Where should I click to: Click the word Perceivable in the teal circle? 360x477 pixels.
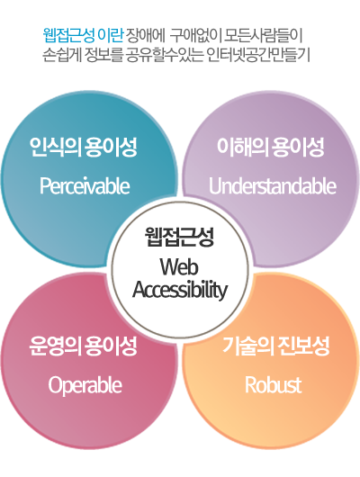coord(85,186)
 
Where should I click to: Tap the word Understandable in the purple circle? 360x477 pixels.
coord(273,186)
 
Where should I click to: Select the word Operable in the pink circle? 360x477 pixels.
coord(85,386)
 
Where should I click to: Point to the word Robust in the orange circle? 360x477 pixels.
coord(274,385)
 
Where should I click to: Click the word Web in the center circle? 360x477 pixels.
coord(179,267)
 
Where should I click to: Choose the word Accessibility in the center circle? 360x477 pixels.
coord(180,290)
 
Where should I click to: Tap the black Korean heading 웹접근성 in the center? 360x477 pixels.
coord(179,237)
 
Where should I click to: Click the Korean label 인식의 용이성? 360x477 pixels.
coord(84,147)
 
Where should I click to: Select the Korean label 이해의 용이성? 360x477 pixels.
coord(270,147)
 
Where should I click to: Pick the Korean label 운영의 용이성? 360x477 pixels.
coord(84,346)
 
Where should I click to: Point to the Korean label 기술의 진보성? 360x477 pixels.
coord(276,346)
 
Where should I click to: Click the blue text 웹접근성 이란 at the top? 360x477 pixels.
coord(83,36)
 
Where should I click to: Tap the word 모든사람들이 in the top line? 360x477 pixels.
coord(263,36)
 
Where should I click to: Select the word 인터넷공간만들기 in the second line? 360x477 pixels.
coord(258,56)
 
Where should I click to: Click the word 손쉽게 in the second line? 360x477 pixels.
coord(61,56)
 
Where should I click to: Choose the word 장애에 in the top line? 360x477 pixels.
coord(145,36)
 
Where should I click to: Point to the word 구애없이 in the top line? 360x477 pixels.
coord(195,36)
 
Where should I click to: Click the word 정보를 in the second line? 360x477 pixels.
coord(103,56)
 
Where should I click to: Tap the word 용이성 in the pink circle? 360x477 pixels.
coord(111,346)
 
